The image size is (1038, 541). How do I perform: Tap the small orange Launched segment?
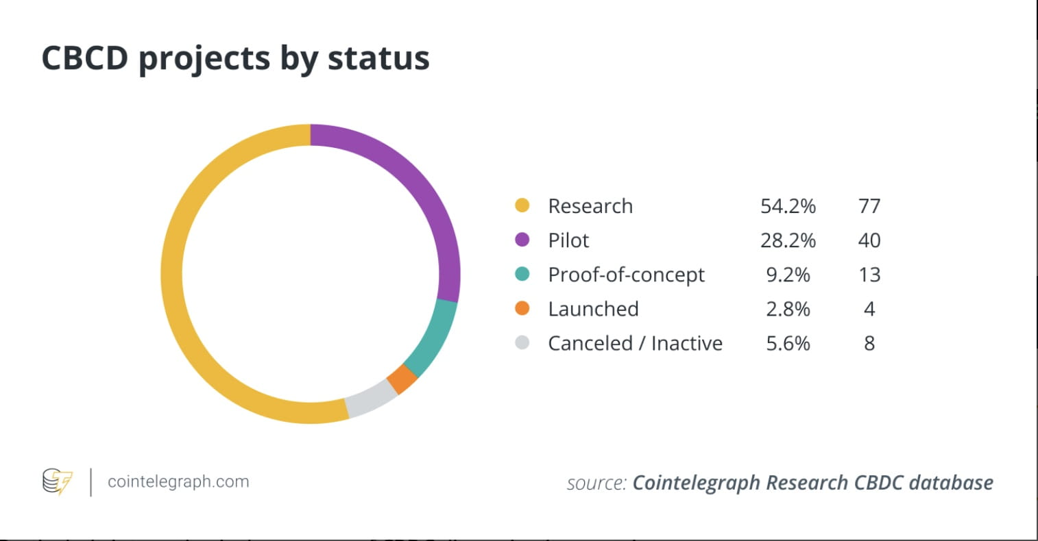(x=402, y=379)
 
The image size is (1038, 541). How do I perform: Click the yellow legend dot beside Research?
(x=522, y=205)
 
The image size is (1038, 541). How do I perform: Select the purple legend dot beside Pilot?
(x=522, y=240)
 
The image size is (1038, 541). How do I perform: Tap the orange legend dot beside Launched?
(x=522, y=308)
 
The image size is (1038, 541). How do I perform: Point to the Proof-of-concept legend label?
(x=626, y=275)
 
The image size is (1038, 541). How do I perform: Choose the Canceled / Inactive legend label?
(x=635, y=343)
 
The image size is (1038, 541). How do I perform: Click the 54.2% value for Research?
(x=788, y=206)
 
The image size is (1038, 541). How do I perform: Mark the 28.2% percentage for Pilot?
(x=788, y=240)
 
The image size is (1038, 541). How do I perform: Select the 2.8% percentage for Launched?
(x=788, y=309)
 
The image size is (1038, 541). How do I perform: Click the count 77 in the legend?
(x=869, y=206)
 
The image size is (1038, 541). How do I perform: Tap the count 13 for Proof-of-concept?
(x=869, y=275)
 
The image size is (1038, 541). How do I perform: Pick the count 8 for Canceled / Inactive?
(x=869, y=343)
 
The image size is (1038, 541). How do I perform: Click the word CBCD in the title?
(x=85, y=58)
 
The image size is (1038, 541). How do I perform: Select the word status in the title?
(x=378, y=58)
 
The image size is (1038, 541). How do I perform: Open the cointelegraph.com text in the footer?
(x=178, y=481)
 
